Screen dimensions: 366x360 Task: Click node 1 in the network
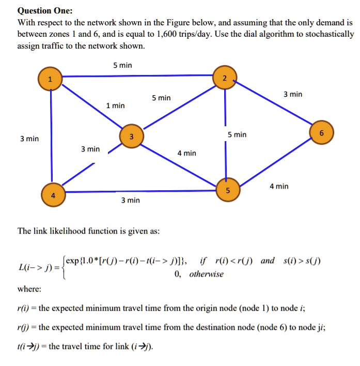tap(50, 79)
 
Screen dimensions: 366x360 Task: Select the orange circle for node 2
tap(224, 78)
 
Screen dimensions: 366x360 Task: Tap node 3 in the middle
tap(131, 136)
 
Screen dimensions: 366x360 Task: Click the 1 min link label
tap(115, 105)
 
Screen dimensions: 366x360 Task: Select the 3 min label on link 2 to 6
tap(293, 95)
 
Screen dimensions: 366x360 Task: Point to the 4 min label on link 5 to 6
tap(279, 186)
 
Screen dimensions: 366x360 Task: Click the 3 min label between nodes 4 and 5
tap(130, 200)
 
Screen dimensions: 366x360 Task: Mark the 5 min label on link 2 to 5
tap(237, 134)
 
